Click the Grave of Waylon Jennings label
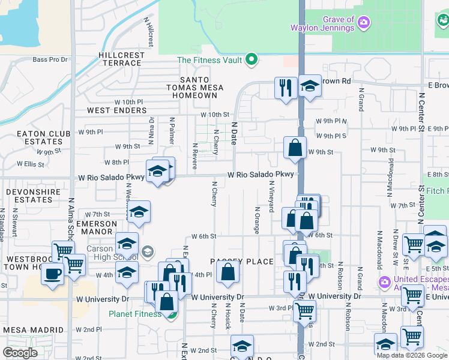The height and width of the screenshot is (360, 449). coord(322,24)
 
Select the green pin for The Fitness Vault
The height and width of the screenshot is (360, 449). coord(253,60)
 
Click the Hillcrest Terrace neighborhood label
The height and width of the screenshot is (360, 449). coord(122,59)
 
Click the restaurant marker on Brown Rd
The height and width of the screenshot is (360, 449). coord(286,87)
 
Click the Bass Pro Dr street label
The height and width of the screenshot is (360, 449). coord(50,59)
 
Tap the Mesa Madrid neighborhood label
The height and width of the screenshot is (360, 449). coord(34,330)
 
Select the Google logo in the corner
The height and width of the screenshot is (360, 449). coord(20,352)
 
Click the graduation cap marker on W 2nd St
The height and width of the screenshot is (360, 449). coord(242,346)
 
